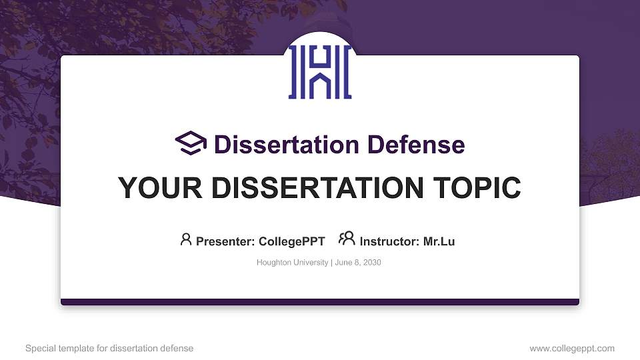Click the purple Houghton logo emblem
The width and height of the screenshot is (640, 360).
(320, 73)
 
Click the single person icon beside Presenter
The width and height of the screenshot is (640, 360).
(186, 239)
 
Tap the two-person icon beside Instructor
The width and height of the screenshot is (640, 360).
(347, 239)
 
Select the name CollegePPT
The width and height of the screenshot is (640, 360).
(291, 241)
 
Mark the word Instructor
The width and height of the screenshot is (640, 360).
(389, 241)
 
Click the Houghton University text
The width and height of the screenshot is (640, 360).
(292, 263)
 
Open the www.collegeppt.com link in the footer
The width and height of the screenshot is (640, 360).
(572, 348)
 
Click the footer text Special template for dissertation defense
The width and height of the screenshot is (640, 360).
(109, 348)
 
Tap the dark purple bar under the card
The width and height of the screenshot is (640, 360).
(320, 302)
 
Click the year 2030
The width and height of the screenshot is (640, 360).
(371, 263)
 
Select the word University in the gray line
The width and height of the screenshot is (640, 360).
(310, 263)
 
